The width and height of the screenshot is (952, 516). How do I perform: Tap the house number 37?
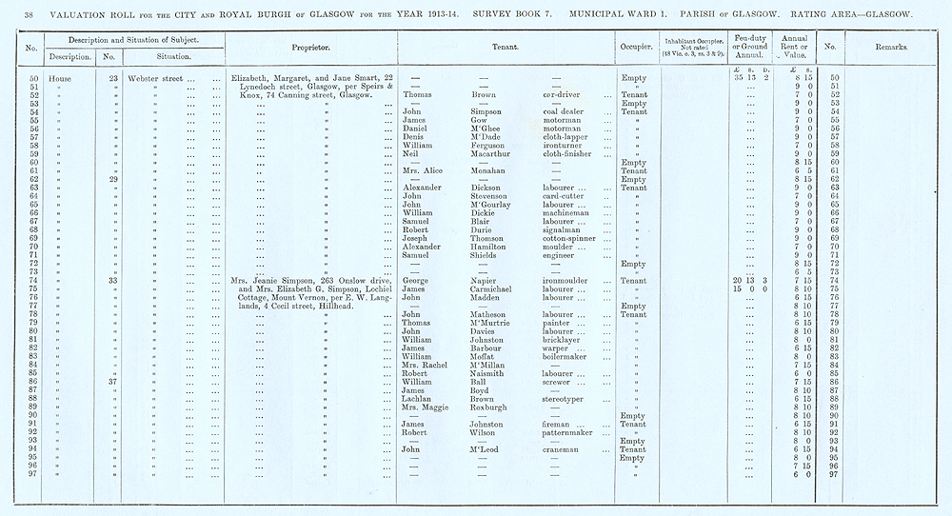112,381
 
